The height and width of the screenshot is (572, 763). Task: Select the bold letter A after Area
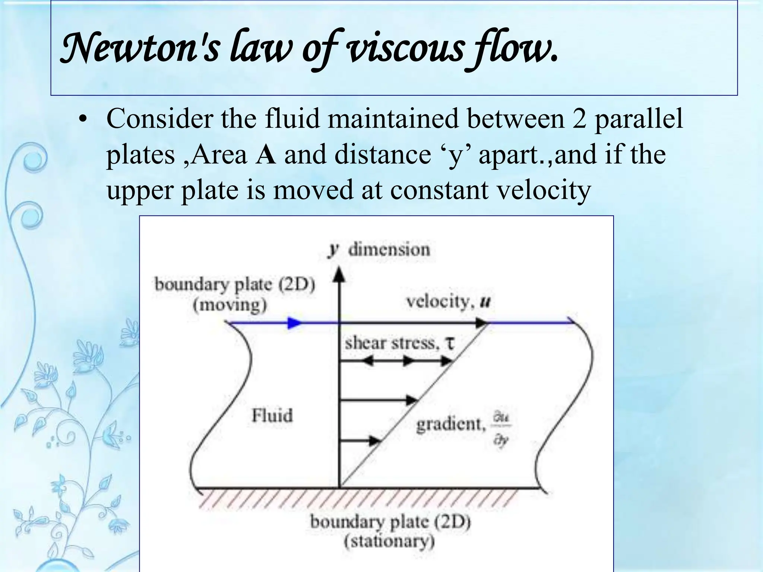(x=266, y=155)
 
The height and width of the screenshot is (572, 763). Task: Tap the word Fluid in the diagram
(x=272, y=416)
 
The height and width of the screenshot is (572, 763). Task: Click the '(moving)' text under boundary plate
(x=230, y=305)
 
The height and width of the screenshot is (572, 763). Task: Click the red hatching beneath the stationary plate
(x=358, y=499)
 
